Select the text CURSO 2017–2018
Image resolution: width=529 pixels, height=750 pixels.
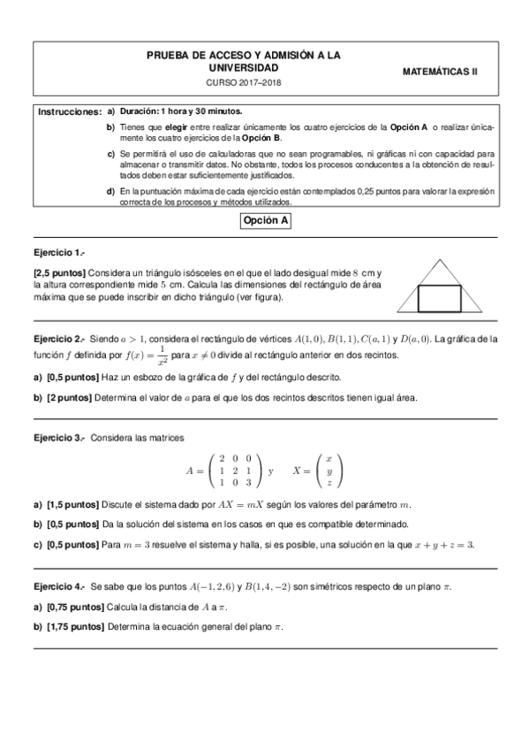244,82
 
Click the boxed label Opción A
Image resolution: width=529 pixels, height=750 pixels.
265,222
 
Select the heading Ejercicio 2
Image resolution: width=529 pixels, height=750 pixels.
59,339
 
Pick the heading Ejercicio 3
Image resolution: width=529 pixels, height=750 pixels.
59,439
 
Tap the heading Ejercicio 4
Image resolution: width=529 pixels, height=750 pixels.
59,586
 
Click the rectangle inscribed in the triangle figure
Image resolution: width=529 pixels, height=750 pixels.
439,298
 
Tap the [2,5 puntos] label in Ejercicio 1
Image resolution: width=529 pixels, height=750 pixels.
60,274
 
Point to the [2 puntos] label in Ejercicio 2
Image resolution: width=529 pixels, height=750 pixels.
68,397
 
